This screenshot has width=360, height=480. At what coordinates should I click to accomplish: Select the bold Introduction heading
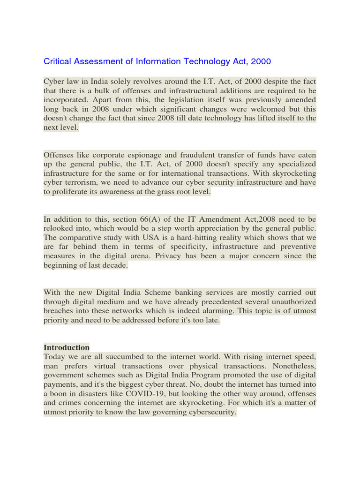[67, 347]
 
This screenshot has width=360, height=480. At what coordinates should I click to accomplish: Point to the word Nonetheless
[293, 366]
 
